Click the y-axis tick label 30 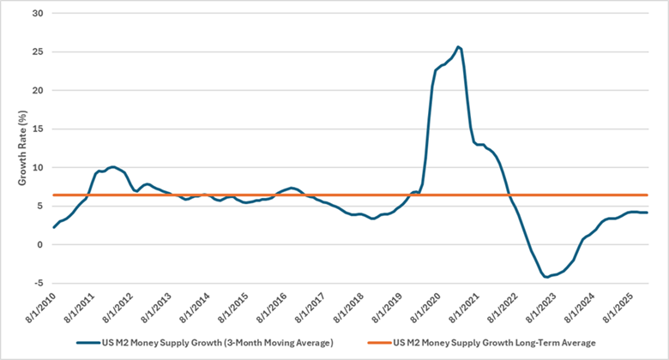pyautogui.click(x=37, y=13)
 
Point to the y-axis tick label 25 pyautogui.click(x=37, y=51)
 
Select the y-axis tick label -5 pyautogui.click(x=38, y=283)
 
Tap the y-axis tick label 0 pyautogui.click(x=40, y=244)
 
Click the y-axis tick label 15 pyautogui.click(x=37, y=129)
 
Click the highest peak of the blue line pyautogui.click(x=459, y=46)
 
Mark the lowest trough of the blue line pyautogui.click(x=545, y=277)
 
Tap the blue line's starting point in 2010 pyautogui.click(x=53, y=227)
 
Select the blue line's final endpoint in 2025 pyautogui.click(x=647, y=213)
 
